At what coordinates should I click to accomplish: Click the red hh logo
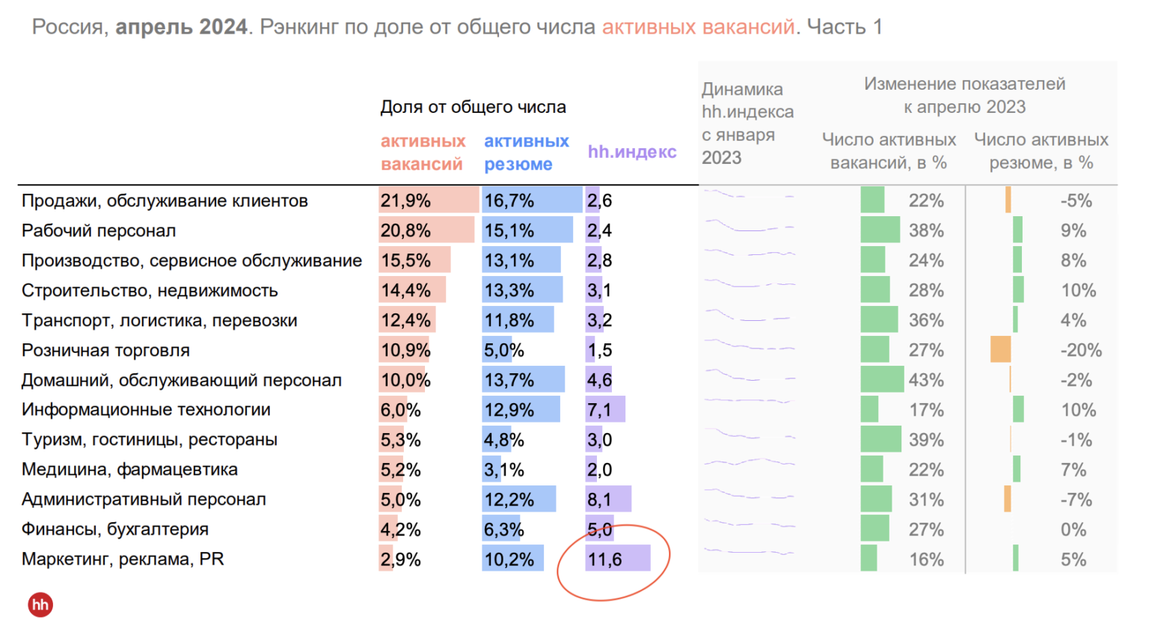coord(40,604)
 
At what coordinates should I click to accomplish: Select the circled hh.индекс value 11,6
coord(605,559)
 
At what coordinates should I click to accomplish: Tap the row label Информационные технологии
coord(146,410)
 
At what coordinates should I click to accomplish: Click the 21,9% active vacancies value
coord(405,200)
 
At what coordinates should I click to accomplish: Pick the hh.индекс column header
coord(631,152)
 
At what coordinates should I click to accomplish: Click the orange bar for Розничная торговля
coord(1000,350)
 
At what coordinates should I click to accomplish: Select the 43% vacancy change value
coord(926,380)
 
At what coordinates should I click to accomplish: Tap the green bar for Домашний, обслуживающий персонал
coord(882,380)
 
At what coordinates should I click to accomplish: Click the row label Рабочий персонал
coord(99,230)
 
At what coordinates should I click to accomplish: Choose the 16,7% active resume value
coord(509,200)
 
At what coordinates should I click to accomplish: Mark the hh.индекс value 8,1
coord(599,500)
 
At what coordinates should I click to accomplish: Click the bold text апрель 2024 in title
coord(181,27)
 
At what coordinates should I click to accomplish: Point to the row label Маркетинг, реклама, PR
coord(123,559)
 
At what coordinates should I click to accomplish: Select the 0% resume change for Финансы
coord(1073,530)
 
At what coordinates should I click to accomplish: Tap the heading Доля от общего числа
coord(473,107)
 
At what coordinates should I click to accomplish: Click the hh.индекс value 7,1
coord(599,410)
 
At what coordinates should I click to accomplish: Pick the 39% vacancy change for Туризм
coord(926,440)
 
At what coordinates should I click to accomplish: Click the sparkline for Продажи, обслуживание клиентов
coord(748,196)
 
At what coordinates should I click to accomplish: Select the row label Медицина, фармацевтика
coord(129,470)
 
